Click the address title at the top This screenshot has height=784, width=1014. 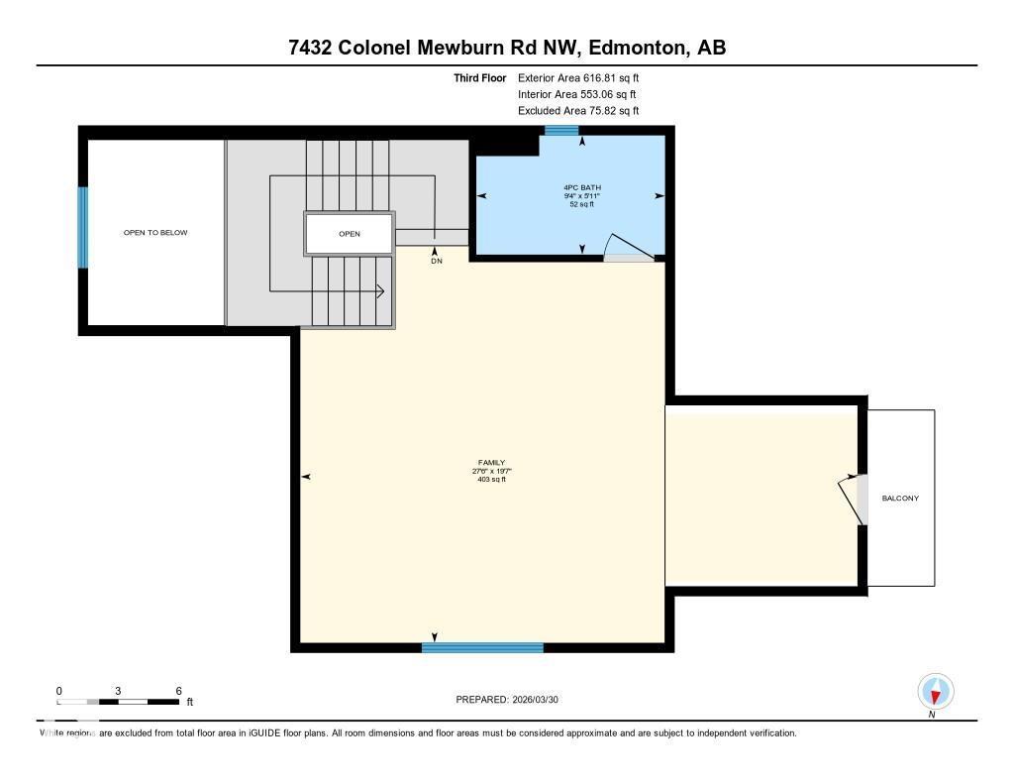[507, 48]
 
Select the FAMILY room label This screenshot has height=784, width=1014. [491, 463]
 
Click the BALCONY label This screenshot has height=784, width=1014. [900, 499]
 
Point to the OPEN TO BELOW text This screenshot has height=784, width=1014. [154, 233]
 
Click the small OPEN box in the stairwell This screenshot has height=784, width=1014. [349, 234]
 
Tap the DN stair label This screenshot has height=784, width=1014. [436, 262]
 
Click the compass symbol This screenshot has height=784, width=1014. [935, 692]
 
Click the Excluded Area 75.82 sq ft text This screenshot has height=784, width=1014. [578, 111]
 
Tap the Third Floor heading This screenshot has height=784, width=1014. [480, 77]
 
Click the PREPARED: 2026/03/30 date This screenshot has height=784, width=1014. [514, 700]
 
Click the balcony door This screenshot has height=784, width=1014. [854, 500]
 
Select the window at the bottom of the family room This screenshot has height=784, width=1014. [482, 647]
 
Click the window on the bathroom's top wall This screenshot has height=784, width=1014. [561, 131]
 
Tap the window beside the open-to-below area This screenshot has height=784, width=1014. [83, 227]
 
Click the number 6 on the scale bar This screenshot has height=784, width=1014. [178, 691]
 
